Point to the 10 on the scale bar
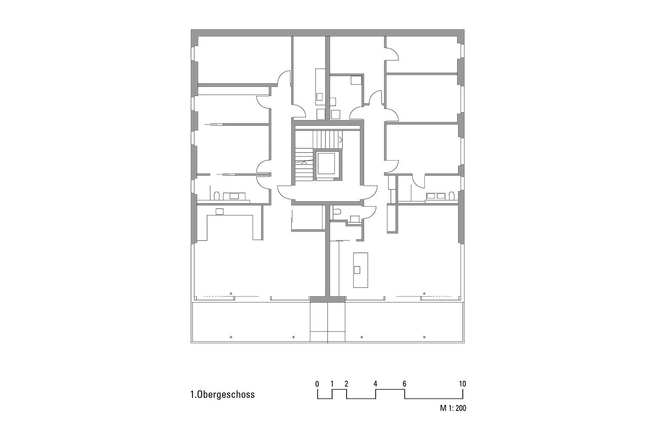pos(462,384)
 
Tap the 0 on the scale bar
pos(317,384)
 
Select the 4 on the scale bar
pos(375,384)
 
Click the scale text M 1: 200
pos(453,409)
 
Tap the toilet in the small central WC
pos(337,212)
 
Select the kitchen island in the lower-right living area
pos(360,270)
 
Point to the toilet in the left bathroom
pos(216,196)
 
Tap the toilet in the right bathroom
pos(452,195)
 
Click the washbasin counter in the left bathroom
pos(234,196)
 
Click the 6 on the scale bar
pos(404,384)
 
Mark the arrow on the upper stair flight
pos(341,139)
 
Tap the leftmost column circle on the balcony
pos(231,337)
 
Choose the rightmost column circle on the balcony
pos(424,337)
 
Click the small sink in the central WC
pos(354,218)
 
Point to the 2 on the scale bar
pos(347,384)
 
